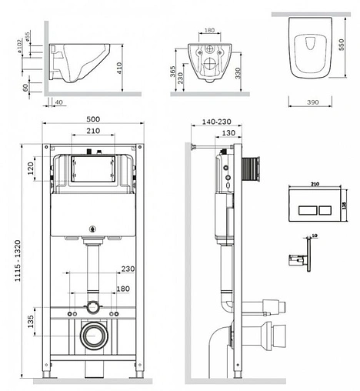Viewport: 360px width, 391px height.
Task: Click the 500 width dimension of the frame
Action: pos(93,119)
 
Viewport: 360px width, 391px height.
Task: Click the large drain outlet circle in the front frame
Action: pos(94,337)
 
